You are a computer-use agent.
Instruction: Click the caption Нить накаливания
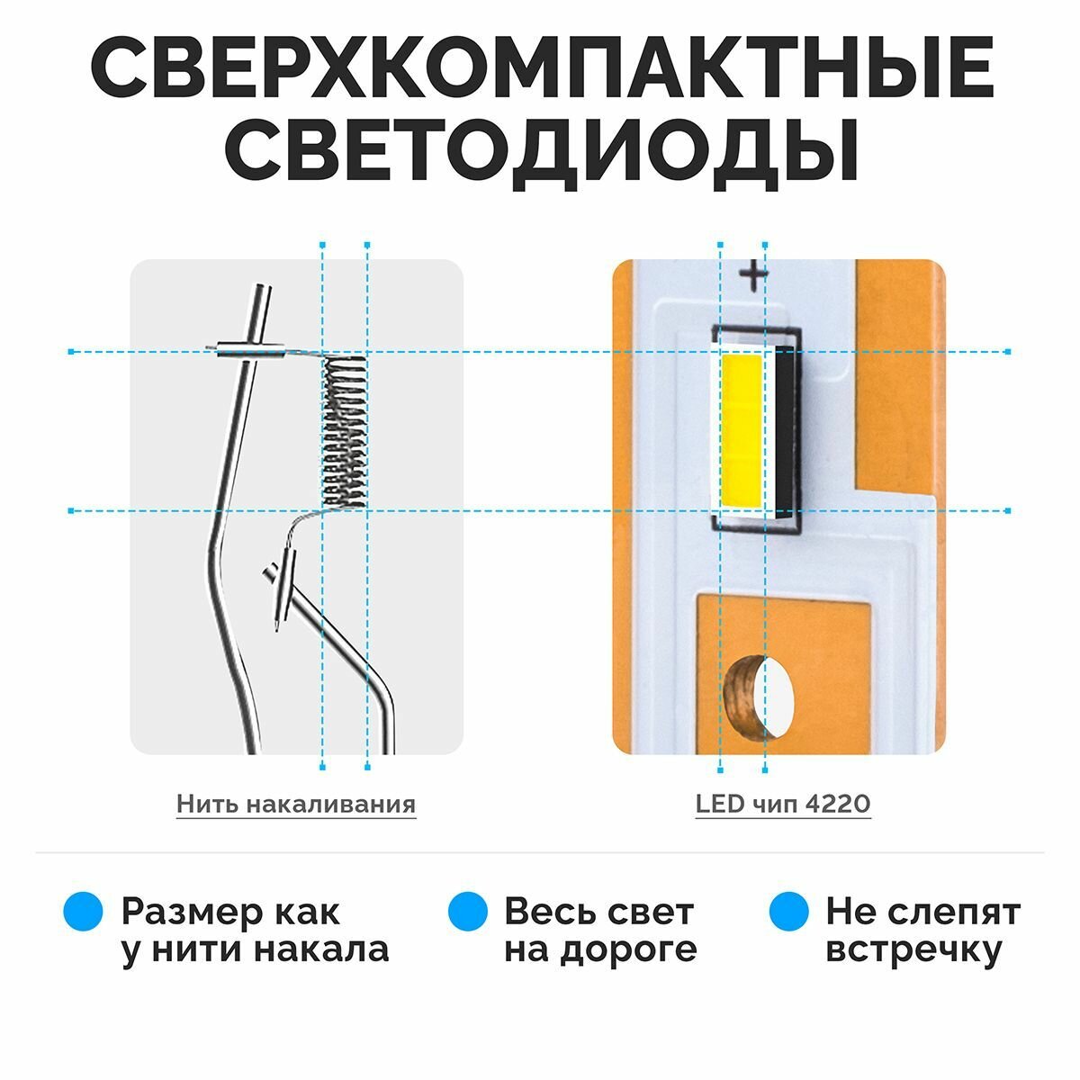click(x=296, y=804)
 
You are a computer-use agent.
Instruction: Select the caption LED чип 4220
click(x=783, y=804)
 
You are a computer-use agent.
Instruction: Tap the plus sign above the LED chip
click(x=752, y=276)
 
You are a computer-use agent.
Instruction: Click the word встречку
click(x=913, y=950)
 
